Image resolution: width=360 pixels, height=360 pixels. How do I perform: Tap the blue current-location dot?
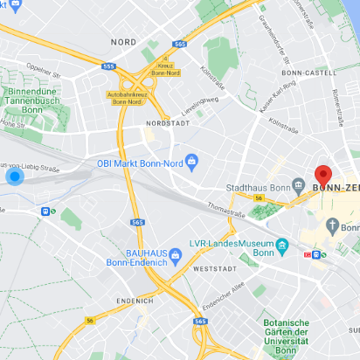tap(15, 177)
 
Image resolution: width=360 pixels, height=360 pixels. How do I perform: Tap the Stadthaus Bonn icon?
tap(299, 186)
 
